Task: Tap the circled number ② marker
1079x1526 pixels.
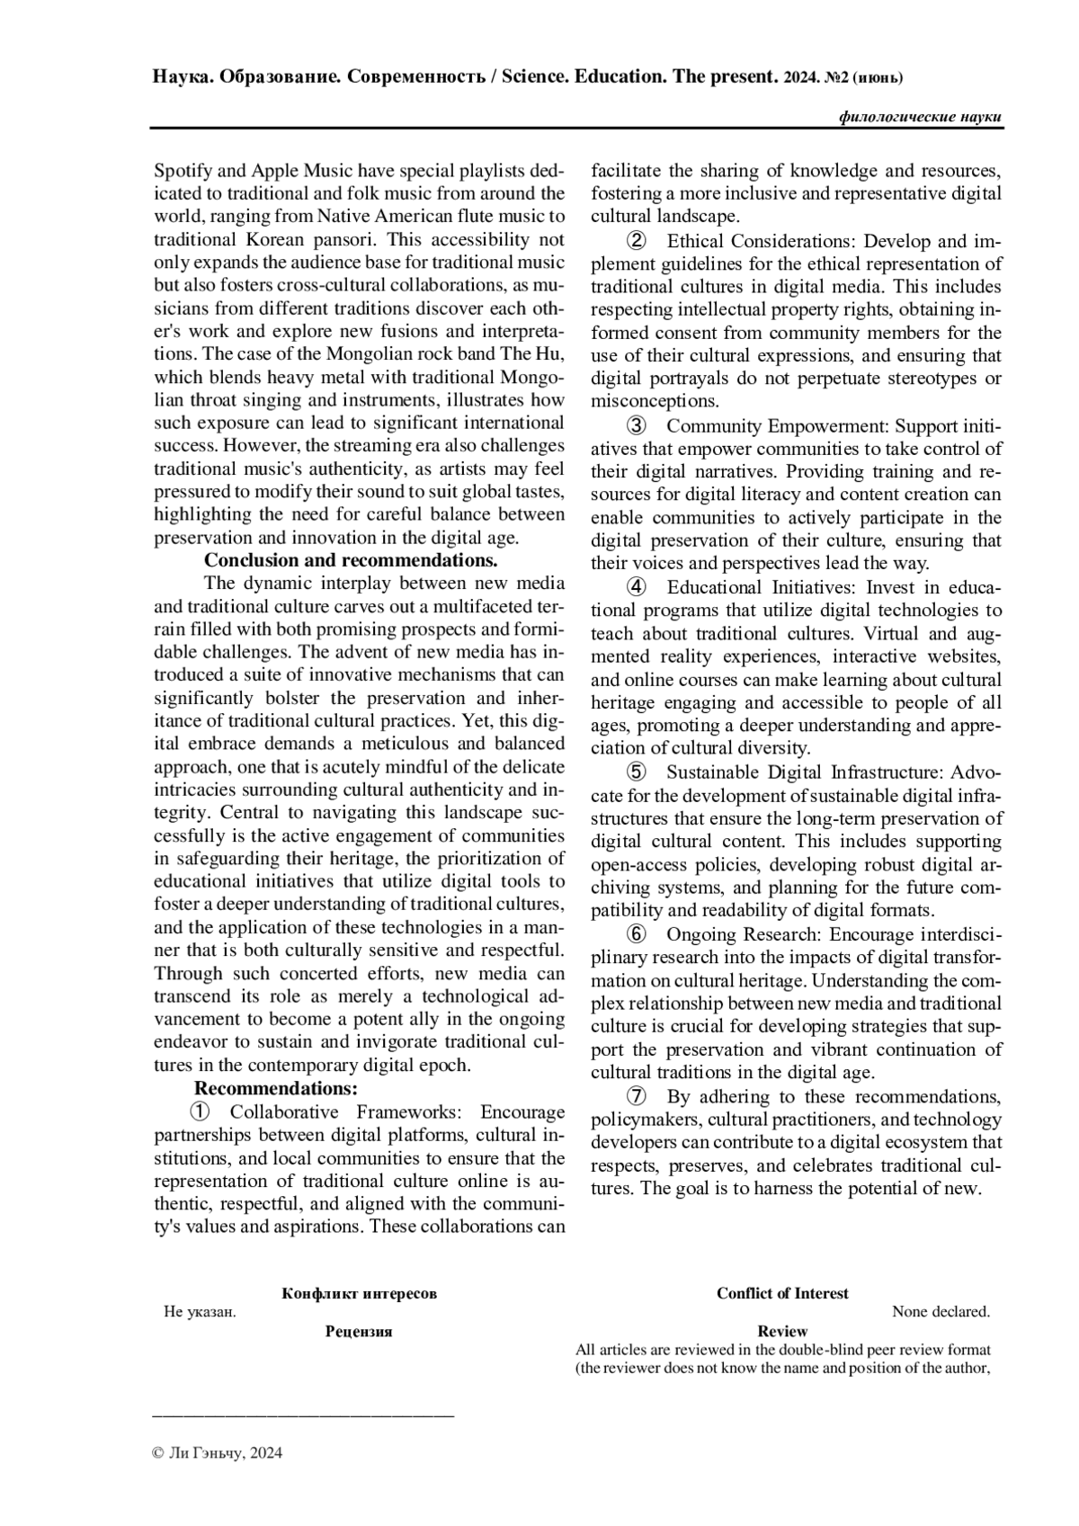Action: pyautogui.click(x=635, y=241)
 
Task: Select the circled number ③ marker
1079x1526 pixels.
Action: pyautogui.click(x=635, y=425)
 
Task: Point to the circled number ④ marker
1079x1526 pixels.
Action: pyautogui.click(x=635, y=587)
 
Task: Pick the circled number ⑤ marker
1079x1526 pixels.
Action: pyautogui.click(x=635, y=772)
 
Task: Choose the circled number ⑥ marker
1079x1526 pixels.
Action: pyautogui.click(x=635, y=934)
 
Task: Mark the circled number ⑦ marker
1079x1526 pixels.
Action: pyautogui.click(x=635, y=1096)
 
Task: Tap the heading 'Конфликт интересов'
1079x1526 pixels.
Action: pyautogui.click(x=359, y=1293)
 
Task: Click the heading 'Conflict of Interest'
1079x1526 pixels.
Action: pyautogui.click(x=782, y=1293)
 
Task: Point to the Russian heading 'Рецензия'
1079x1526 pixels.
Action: pyautogui.click(x=359, y=1331)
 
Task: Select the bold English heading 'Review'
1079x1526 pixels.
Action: pyautogui.click(x=782, y=1331)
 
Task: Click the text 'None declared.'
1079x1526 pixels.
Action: pyautogui.click(x=941, y=1312)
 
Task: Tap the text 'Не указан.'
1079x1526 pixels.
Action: pyautogui.click(x=200, y=1312)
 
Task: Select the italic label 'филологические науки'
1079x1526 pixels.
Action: pyautogui.click(x=920, y=117)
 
